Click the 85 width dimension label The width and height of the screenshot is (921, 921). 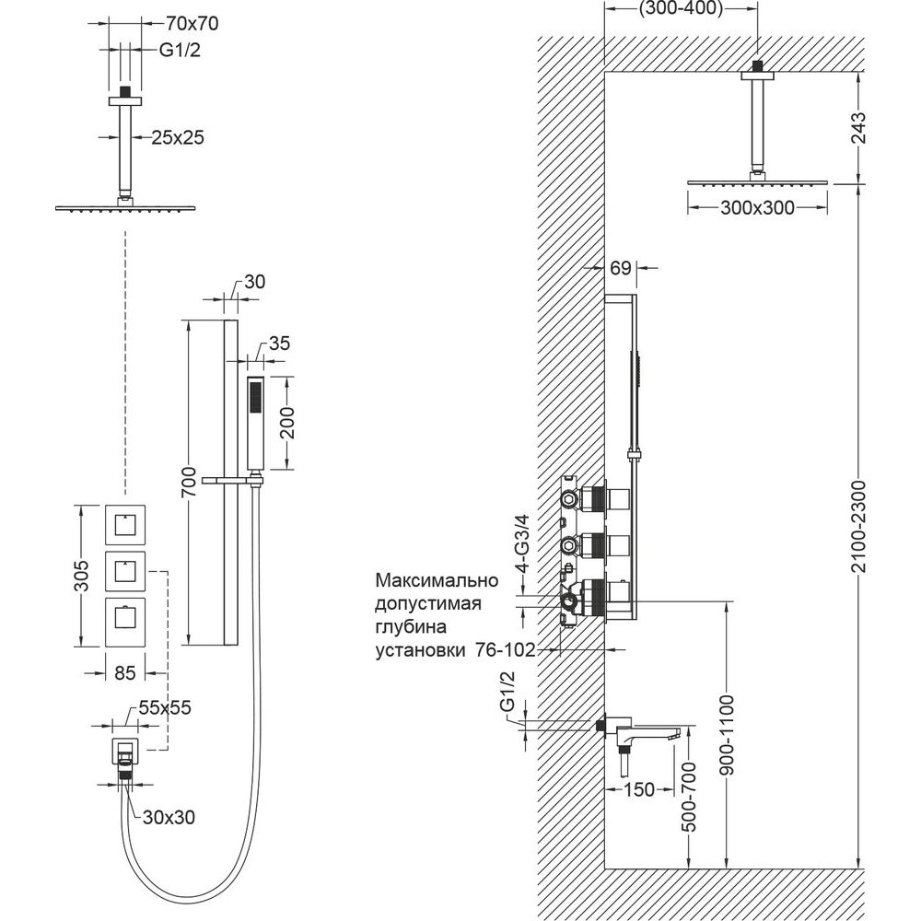125,673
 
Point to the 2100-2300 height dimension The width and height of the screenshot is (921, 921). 857,526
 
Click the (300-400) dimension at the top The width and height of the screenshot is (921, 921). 680,9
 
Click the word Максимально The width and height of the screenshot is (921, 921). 436,581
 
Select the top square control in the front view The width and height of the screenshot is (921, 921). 123,527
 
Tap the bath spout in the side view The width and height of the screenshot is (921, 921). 645,734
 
